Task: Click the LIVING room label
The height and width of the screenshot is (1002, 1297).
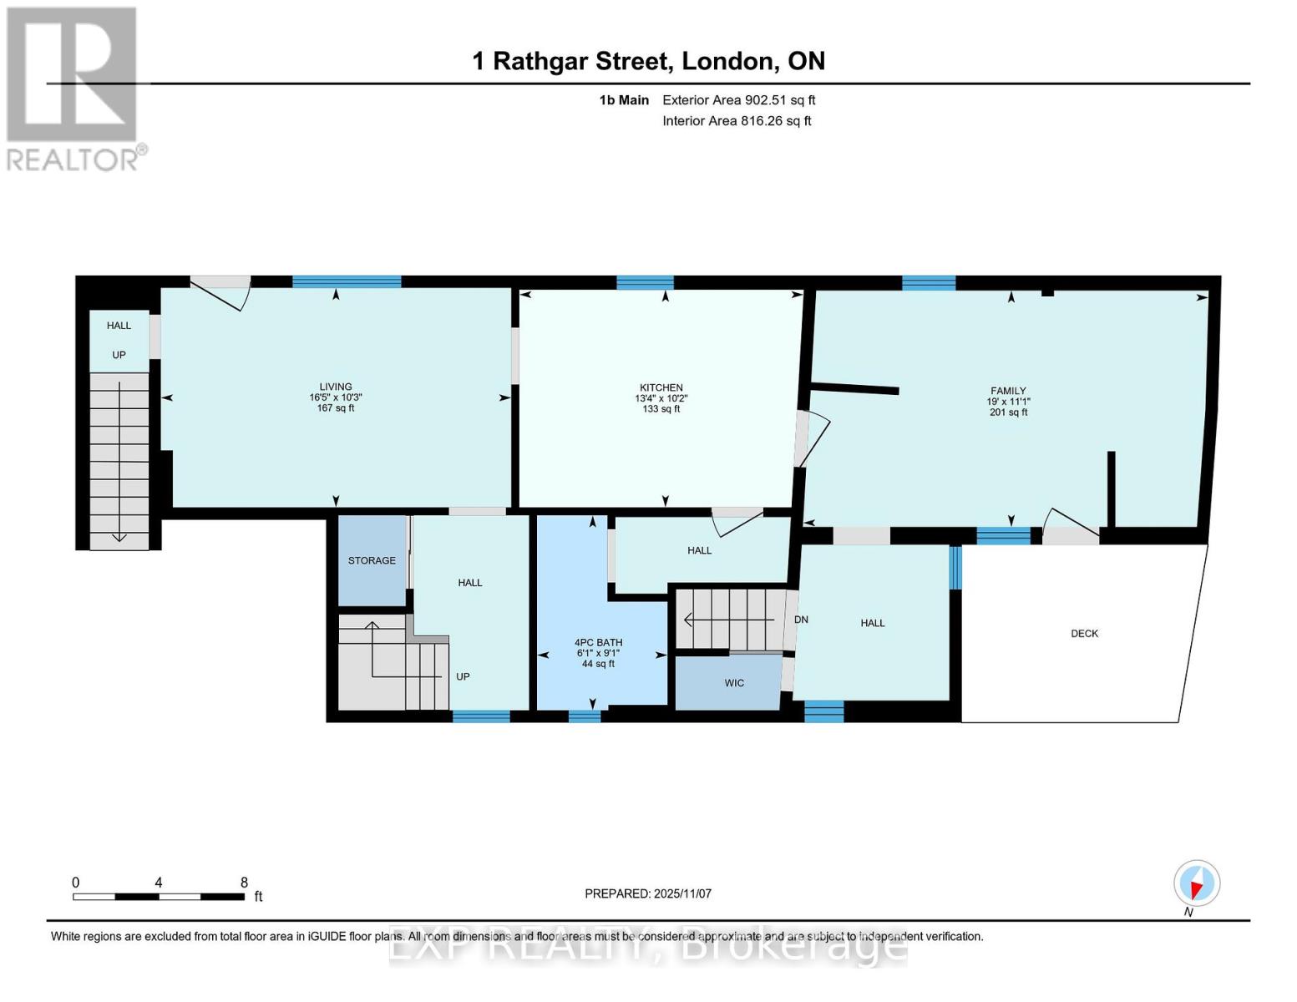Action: tap(336, 387)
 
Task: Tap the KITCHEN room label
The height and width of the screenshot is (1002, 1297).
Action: tap(661, 387)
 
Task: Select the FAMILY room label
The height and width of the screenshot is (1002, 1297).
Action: tap(1008, 391)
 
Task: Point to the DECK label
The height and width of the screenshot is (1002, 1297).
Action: tap(1084, 634)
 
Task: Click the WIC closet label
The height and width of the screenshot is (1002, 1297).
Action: tap(734, 683)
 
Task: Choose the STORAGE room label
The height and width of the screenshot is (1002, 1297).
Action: tap(372, 560)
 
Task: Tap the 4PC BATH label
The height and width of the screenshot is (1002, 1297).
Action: tap(598, 642)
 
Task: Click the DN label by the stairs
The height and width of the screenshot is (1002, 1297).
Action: tap(801, 620)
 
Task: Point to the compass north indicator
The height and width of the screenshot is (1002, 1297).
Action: tap(1197, 883)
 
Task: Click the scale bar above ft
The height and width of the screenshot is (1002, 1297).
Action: tap(159, 897)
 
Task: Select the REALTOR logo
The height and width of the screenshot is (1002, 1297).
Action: tap(73, 88)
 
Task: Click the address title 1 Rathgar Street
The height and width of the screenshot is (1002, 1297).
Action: tap(649, 61)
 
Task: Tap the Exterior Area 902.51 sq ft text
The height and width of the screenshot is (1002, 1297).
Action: tap(738, 100)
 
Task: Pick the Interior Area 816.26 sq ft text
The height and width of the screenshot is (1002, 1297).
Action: tap(737, 121)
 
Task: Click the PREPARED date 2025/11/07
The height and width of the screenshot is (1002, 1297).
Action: tap(648, 893)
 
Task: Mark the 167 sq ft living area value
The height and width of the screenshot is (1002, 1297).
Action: tap(336, 408)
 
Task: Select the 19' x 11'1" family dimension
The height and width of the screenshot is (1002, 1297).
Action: tap(1008, 402)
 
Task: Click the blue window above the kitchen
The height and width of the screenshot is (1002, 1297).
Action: tap(645, 282)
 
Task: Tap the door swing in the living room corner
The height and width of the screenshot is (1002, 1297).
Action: tap(221, 291)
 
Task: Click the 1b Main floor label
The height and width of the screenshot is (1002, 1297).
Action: tap(624, 100)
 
